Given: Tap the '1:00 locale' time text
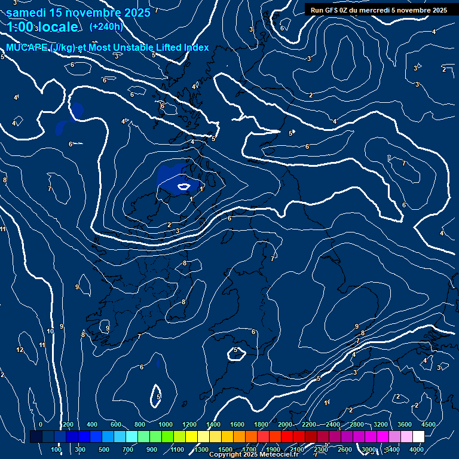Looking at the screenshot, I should tap(42, 27).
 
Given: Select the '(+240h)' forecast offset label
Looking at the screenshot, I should tap(106, 26).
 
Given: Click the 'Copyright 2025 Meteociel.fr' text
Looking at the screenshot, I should tap(253, 455).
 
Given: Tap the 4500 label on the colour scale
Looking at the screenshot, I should tap(428, 424).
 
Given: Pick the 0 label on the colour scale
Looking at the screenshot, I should tap(41, 424).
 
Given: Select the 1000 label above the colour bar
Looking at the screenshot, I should tap(166, 424).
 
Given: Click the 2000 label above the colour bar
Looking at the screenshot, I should tap(285, 424).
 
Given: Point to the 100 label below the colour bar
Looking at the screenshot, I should tap(57, 449).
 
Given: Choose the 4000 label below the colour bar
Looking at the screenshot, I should tap(417, 449).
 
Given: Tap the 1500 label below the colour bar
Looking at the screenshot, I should tap(225, 449).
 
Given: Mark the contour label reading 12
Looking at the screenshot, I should tap(20, 350).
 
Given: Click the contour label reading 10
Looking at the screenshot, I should tap(51, 331).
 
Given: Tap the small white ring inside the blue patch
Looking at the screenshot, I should tap(184, 187).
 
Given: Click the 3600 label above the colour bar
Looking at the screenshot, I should tap(405, 424).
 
